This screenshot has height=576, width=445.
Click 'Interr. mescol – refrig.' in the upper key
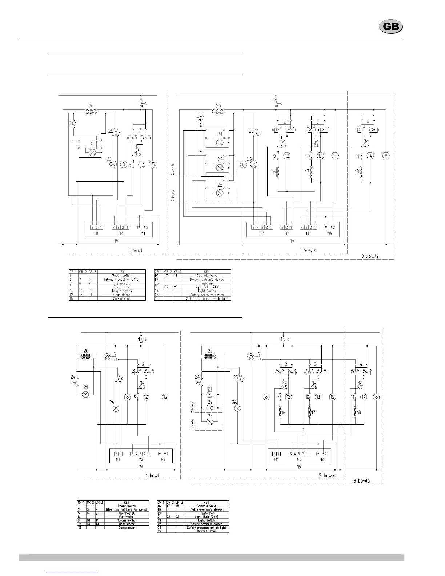point(121,279)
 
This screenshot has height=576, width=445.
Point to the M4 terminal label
point(329,233)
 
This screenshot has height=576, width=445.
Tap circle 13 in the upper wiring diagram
point(320,156)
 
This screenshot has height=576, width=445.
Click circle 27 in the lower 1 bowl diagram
point(107,357)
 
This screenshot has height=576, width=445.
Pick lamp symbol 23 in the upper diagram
point(220,193)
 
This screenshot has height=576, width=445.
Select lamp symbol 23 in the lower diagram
point(210,422)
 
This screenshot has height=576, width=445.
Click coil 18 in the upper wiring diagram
point(361,172)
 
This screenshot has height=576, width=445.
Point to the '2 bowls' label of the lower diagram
point(327,476)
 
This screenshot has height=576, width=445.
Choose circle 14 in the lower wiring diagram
point(364,397)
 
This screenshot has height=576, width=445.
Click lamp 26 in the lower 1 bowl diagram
point(116,408)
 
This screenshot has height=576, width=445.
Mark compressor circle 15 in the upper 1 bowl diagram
point(153,164)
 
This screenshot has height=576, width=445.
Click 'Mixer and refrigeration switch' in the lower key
point(127,509)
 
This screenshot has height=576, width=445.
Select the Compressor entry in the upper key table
point(121,299)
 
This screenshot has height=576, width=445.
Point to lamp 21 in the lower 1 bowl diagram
point(85,394)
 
